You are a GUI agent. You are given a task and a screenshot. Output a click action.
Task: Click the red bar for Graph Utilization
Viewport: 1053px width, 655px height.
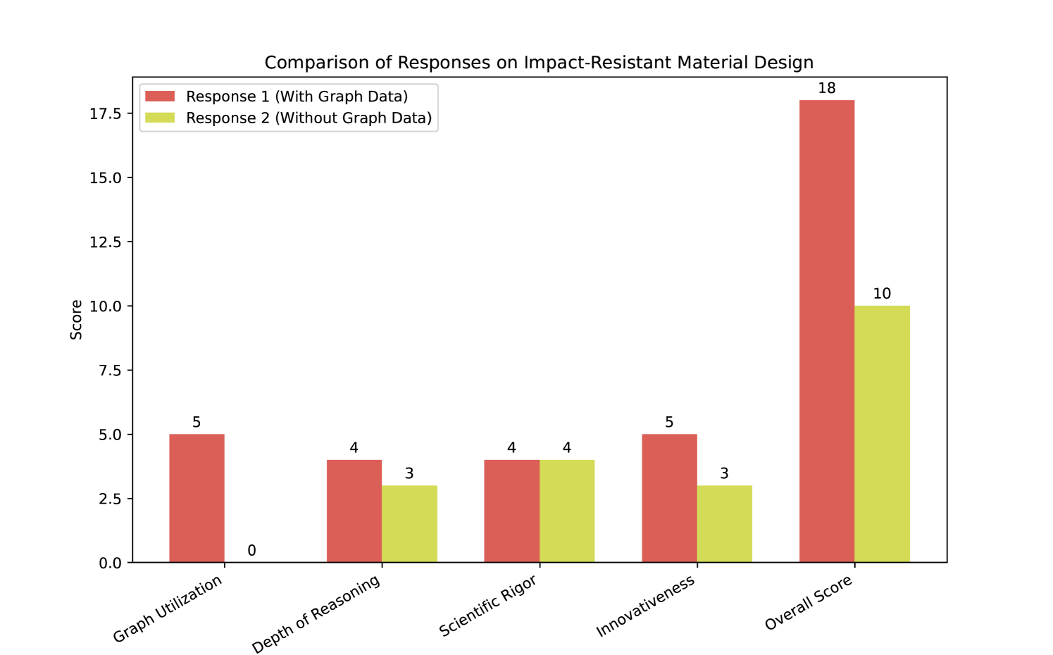tap(197, 498)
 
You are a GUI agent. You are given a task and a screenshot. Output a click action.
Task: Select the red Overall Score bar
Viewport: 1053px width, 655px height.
tap(827, 331)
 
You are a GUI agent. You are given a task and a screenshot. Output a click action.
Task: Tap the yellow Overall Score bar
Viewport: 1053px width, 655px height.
tap(882, 434)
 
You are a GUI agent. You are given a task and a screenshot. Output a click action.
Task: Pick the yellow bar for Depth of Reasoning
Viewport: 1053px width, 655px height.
tap(409, 523)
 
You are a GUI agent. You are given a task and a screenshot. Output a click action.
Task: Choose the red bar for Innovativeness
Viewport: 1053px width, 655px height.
tap(669, 498)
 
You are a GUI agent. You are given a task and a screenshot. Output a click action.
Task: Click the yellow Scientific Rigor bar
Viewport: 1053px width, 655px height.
tap(567, 511)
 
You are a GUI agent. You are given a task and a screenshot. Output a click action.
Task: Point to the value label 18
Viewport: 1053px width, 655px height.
tap(827, 88)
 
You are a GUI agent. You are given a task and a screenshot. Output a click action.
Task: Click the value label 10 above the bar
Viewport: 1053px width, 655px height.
tap(882, 294)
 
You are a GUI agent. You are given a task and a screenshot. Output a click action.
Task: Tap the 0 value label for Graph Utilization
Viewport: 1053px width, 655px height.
tap(251, 551)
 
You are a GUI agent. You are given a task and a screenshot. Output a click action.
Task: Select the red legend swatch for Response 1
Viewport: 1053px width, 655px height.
tap(160, 96)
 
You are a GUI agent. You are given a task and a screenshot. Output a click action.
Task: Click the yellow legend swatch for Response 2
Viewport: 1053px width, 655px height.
tap(160, 118)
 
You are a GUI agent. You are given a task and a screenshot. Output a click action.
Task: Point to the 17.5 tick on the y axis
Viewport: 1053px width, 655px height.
tap(106, 113)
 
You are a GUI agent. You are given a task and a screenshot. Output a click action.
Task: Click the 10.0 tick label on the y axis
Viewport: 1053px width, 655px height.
tap(106, 306)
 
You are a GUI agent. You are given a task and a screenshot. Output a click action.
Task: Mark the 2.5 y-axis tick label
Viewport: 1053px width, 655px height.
tap(111, 499)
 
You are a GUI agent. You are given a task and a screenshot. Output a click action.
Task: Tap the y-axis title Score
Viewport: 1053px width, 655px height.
tap(76, 320)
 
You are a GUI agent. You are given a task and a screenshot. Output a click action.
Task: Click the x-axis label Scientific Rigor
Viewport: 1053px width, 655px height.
tap(488, 606)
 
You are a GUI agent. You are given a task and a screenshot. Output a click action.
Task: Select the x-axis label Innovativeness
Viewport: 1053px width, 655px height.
tap(646, 606)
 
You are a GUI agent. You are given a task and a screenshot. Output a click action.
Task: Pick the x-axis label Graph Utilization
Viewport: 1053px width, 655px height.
tap(168, 609)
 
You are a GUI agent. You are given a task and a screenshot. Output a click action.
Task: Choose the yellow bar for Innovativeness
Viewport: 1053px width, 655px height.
tap(724, 523)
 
